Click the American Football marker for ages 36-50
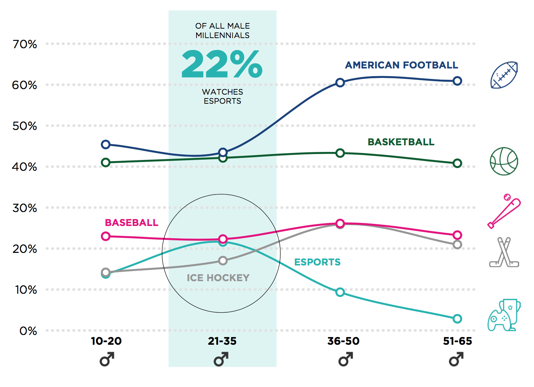coord(340,83)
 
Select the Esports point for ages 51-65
coord(457,319)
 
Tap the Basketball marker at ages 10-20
coord(105,162)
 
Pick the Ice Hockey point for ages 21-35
coord(223,261)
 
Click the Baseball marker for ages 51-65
coord(457,235)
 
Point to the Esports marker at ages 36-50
coord(340,292)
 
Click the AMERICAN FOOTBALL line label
coord(401,65)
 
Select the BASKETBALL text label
coord(401,142)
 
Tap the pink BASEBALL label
coord(132,223)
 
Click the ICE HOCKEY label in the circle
coord(218,278)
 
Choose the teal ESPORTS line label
coord(317,262)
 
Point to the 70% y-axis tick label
coord(25,44)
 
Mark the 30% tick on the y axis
coord(25,208)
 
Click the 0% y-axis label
coord(28,331)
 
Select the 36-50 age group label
coord(343,341)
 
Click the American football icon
coord(504,75)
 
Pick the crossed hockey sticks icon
coord(504,252)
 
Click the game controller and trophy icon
coord(504,315)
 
